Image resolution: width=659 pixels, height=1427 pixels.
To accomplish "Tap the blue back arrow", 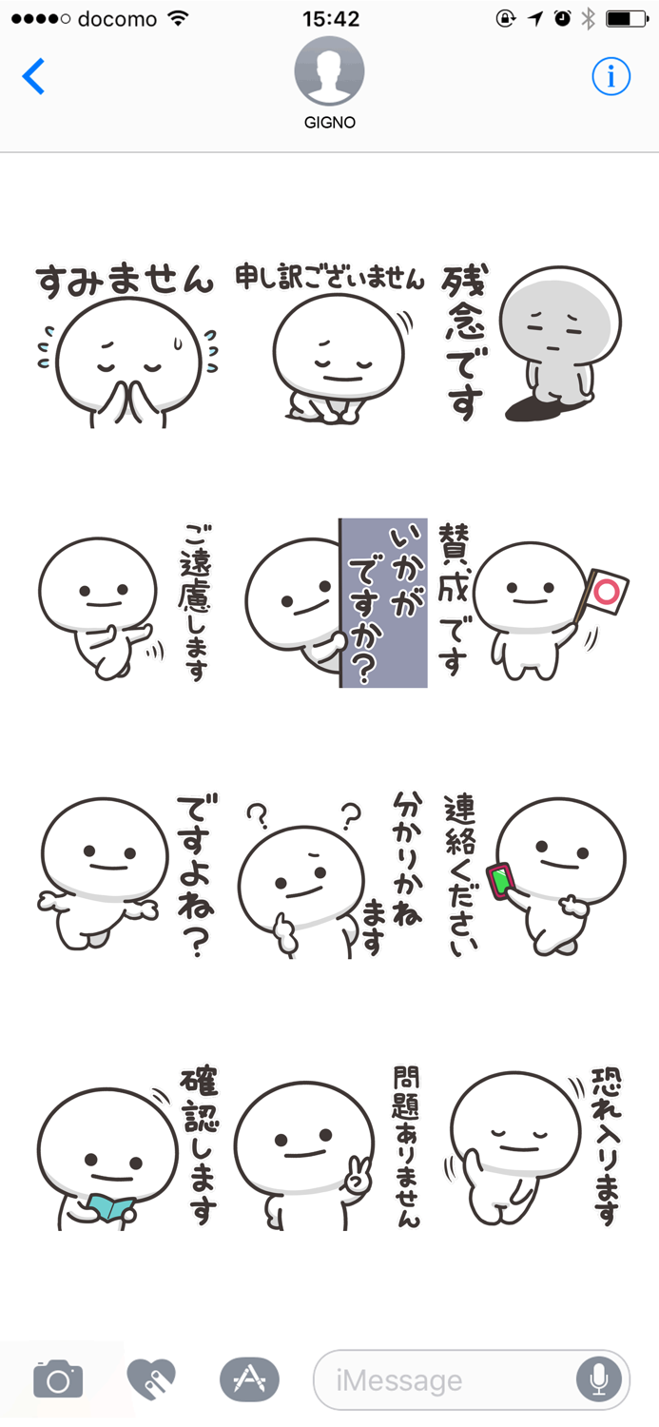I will coord(34,76).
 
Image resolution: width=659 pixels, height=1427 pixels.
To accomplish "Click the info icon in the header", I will coord(611,76).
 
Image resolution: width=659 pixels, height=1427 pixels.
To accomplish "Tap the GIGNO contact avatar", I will coord(329,72).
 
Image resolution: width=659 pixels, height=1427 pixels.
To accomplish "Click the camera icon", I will coord(58,1378).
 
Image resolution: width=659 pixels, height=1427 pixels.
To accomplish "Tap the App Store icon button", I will coord(249,1378).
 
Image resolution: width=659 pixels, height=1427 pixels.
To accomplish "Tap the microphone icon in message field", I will coord(599,1378).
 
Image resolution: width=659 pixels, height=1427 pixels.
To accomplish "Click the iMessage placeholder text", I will coord(399,1379).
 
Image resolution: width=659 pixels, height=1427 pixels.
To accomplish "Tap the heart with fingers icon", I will coord(152,1378).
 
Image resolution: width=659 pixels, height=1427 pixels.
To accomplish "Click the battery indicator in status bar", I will coord(627,18).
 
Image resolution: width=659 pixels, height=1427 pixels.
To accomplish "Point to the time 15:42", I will coord(330,18).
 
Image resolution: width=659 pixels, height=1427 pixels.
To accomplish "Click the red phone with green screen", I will coord(501,880).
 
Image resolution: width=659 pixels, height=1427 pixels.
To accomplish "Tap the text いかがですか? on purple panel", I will coord(383,603).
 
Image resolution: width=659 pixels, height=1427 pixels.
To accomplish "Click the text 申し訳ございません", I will coord(330,278).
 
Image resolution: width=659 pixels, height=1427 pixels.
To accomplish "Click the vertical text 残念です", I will coord(463,342).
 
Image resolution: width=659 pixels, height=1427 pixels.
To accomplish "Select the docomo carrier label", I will coord(118,18).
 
